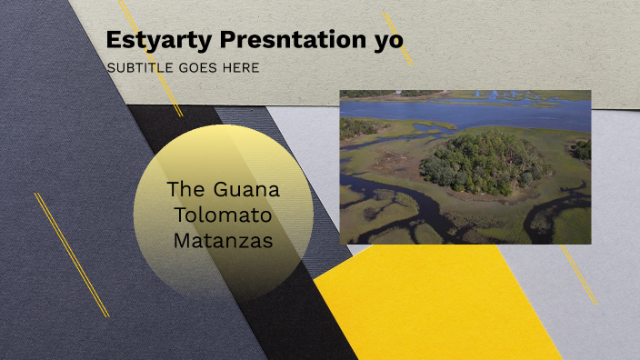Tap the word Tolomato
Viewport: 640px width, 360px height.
[x=224, y=216]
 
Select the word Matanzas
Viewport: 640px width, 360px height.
[x=224, y=241]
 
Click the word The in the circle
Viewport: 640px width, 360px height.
[x=187, y=191]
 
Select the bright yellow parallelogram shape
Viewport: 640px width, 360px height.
[x=436, y=305]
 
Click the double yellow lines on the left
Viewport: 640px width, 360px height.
[x=72, y=255]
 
